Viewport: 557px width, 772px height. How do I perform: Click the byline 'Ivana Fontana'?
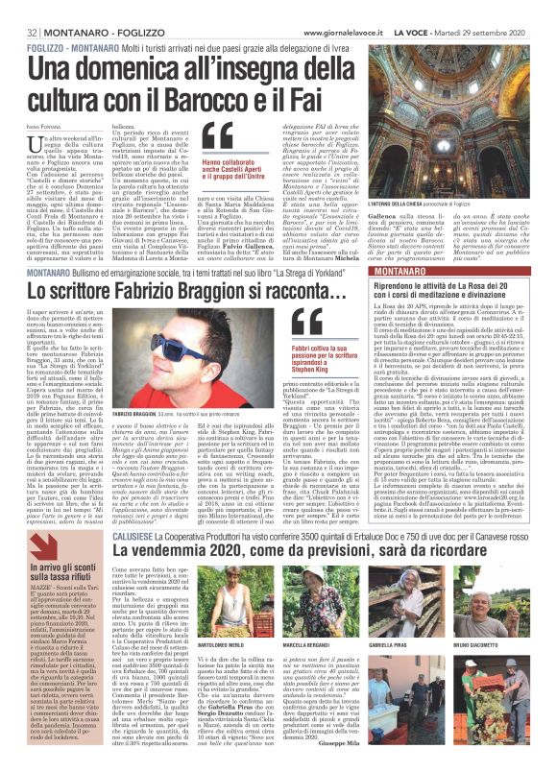click(x=29, y=117)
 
